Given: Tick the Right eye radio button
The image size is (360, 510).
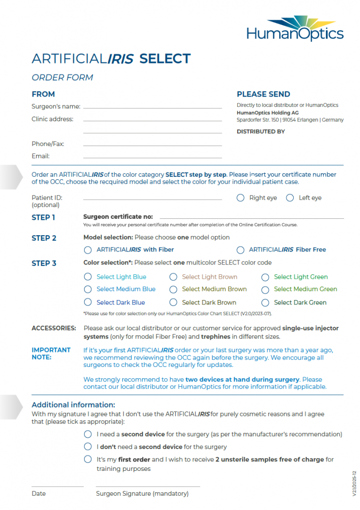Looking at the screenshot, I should [x=241, y=198].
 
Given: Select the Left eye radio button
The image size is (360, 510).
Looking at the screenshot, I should [x=289, y=198].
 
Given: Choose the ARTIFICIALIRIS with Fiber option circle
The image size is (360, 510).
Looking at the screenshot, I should [x=88, y=250].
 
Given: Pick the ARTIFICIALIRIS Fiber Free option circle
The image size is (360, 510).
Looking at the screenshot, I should [x=241, y=250].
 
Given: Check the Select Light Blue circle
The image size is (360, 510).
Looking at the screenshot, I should [x=88, y=277].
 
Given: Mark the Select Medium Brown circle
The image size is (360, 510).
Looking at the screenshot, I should [x=173, y=289].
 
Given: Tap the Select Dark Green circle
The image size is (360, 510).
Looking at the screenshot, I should [x=265, y=302].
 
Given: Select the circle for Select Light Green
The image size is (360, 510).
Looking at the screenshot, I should [x=265, y=277].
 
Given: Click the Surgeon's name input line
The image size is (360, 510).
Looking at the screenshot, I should [x=152, y=107].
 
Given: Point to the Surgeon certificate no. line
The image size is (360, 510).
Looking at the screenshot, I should [x=251, y=217].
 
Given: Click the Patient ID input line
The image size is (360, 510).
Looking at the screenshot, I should [x=152, y=199].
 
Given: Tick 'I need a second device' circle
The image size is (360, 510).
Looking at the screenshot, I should [x=88, y=434].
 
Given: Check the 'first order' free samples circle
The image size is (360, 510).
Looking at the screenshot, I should [x=88, y=459].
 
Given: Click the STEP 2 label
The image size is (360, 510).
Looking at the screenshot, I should [x=44, y=238].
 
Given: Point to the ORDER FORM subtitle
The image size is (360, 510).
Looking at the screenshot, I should [x=62, y=77].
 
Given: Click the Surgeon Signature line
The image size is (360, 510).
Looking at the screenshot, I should [x=148, y=486].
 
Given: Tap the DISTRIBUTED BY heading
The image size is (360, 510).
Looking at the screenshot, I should [x=260, y=132].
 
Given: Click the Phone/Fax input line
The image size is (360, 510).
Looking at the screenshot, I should [x=152, y=145].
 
